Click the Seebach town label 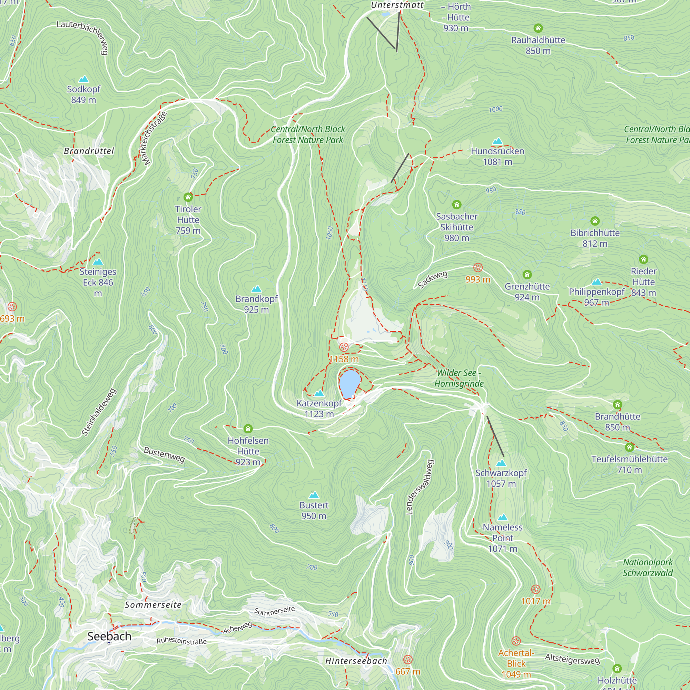pos(109,636)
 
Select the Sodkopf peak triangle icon pos(83,79)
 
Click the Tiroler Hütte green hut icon pos(188,197)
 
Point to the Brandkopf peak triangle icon pos(256,288)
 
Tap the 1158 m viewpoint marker pos(344,347)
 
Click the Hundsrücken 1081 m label pos(497,156)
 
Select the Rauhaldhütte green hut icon pos(538,28)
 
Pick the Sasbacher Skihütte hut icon pos(457,205)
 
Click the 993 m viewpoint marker pos(478,267)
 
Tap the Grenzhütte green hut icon pos(527,275)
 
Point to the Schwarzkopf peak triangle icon pos(501,463)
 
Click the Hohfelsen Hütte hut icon pos(248,428)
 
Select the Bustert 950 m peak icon pos(314,495)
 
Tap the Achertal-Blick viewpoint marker pos(516,641)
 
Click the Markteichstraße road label pos(154,139)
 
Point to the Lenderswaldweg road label pos(420,487)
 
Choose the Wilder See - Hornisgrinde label pos(459,378)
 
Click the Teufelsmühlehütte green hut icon pos(630,447)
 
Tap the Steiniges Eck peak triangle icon pos(98,262)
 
